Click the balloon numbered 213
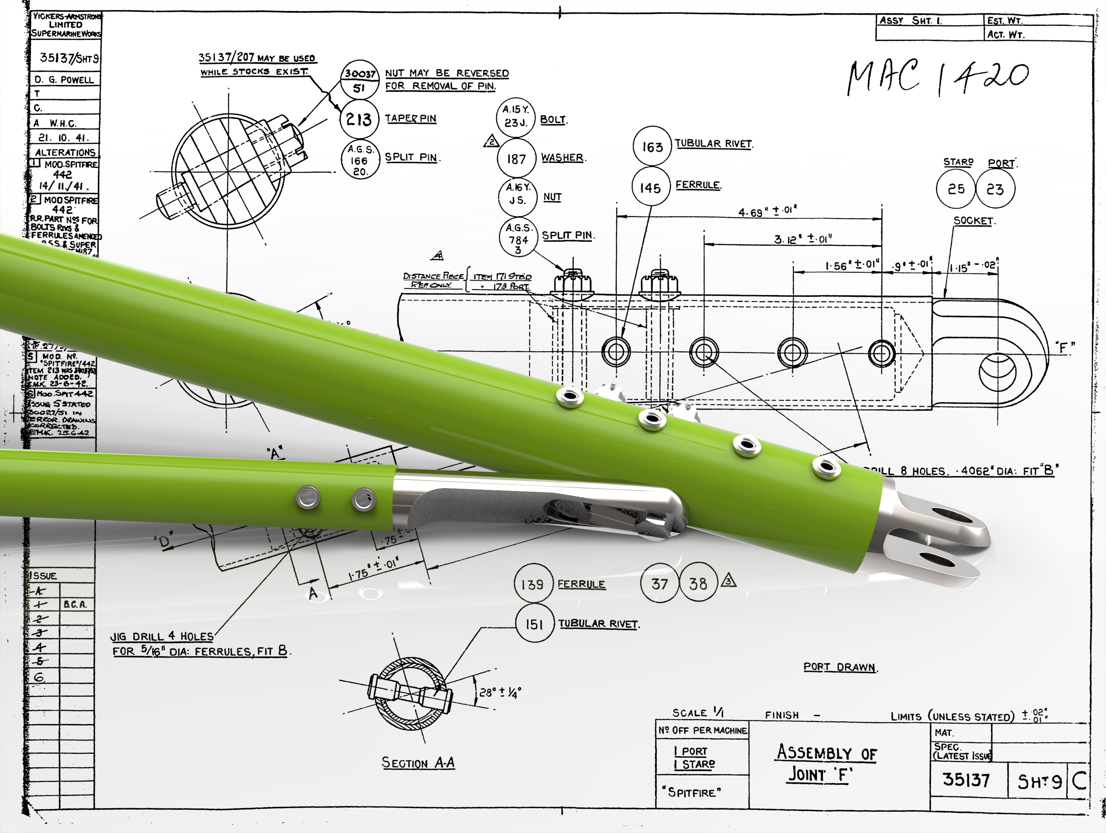click(x=359, y=120)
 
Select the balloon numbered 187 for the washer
click(x=517, y=159)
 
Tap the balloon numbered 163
click(x=652, y=146)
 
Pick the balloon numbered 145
click(x=650, y=188)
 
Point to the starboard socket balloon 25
click(x=956, y=189)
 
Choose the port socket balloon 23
click(x=995, y=189)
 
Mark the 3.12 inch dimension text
click(x=803, y=239)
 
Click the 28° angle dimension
click(x=500, y=692)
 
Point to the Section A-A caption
click(x=418, y=763)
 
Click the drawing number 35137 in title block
click(x=966, y=780)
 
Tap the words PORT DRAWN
click(x=840, y=667)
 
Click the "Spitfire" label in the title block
click(x=692, y=792)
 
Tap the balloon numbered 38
click(x=698, y=583)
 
